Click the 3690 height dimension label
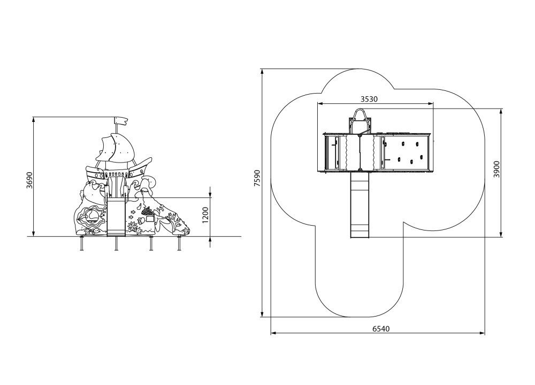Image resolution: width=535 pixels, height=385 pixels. (29, 180)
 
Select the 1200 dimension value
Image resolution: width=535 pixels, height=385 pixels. (205, 215)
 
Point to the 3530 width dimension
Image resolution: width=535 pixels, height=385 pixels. (369, 99)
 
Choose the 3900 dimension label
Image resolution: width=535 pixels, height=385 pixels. (497, 169)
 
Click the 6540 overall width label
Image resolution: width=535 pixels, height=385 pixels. (381, 329)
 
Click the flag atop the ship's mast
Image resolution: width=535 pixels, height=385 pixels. (121, 121)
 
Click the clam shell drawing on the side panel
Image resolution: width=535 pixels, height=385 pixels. (89, 216)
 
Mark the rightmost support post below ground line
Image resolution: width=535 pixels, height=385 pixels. (179, 243)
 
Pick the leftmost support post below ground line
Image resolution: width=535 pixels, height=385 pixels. (82, 243)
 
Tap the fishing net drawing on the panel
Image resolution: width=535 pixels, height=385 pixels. (147, 211)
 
